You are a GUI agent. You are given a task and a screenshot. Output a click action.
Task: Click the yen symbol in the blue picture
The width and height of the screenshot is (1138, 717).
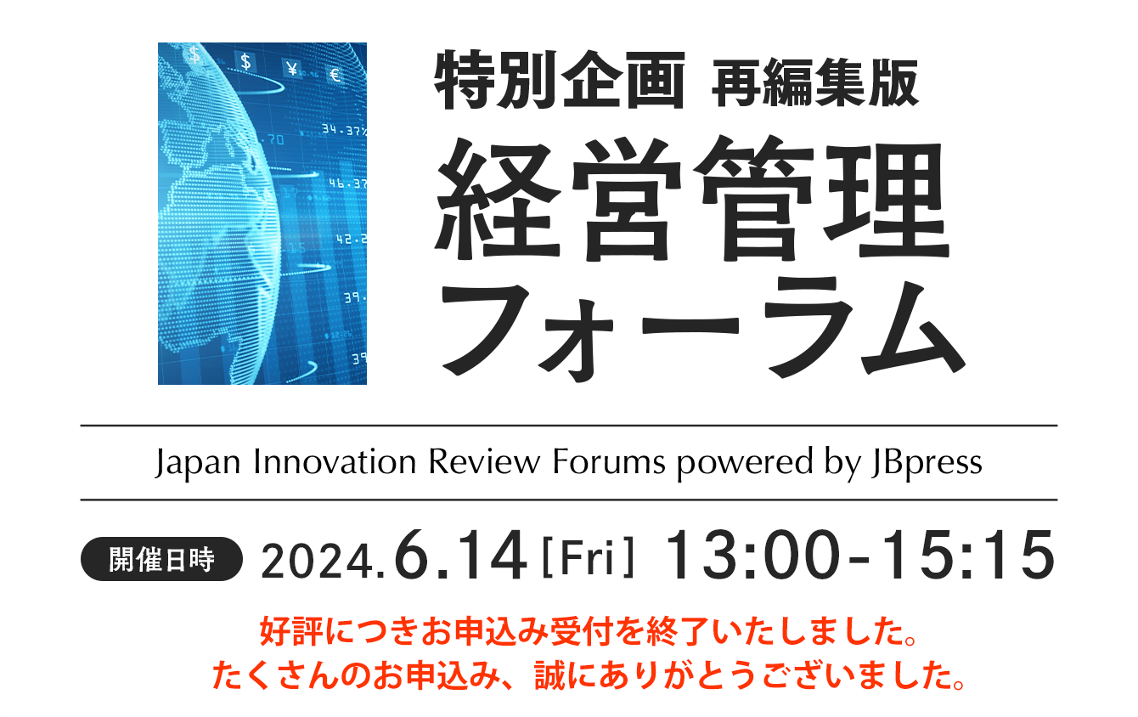point(291,68)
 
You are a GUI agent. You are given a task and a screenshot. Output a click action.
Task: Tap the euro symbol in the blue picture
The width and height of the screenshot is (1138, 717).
point(335,75)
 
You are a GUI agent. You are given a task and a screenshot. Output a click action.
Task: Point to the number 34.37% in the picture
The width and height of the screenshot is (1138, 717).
point(344,131)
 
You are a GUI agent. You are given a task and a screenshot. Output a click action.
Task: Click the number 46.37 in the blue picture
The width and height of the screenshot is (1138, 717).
point(347,183)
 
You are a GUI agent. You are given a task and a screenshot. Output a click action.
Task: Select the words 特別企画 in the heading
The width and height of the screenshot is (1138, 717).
point(560,80)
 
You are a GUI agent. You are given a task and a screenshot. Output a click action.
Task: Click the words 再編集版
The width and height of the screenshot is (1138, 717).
point(815,82)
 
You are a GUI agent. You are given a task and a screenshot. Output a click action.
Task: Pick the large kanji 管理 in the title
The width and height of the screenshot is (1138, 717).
point(821,198)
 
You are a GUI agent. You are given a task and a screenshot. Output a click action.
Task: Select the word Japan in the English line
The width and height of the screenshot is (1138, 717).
point(198,464)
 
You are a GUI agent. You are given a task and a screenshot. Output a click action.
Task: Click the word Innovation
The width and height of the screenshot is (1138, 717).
point(335,462)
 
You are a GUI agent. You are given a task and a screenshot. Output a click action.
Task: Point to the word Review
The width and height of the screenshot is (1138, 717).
point(484,462)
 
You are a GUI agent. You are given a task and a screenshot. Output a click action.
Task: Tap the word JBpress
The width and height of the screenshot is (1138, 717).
point(927,464)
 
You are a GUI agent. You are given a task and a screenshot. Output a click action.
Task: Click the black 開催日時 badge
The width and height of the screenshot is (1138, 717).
point(161,559)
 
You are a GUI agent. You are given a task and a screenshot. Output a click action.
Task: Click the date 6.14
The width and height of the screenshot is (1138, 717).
point(460,555)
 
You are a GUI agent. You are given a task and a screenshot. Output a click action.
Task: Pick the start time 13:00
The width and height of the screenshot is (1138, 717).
point(752,555)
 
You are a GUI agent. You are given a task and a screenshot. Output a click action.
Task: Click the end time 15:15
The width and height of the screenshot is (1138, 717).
point(969,555)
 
